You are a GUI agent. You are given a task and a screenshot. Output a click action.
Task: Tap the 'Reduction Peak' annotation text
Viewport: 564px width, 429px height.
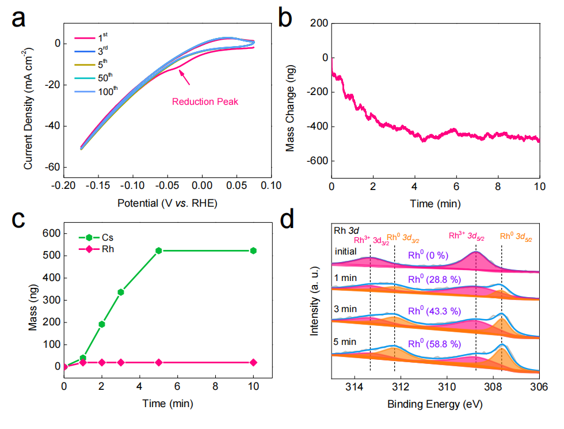point(205,102)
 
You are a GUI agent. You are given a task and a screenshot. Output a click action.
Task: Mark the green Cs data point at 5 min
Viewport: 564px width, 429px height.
point(159,250)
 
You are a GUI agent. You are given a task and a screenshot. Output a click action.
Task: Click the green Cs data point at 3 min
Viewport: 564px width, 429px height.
point(121,292)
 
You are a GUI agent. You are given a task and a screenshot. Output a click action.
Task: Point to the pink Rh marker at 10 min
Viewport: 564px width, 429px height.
point(253,362)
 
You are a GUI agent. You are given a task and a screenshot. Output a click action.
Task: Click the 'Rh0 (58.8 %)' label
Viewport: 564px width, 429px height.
point(435,344)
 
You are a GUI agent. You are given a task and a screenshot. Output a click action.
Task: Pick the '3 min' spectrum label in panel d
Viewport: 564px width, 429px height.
point(346,309)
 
